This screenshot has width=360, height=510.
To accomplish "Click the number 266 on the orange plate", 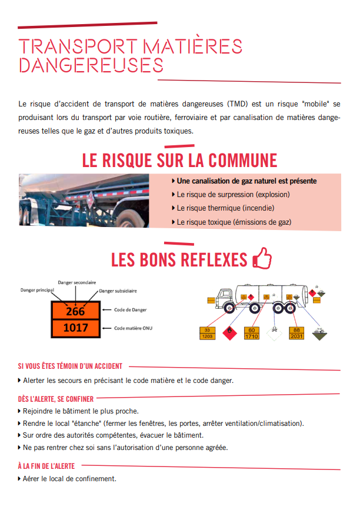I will point(75,311).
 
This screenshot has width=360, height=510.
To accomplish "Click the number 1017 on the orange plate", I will point(75,328).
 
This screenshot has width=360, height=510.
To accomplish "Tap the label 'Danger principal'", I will point(37,290).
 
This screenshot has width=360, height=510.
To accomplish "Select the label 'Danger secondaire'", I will point(76,282).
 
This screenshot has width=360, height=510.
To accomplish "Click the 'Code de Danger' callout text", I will point(131,310).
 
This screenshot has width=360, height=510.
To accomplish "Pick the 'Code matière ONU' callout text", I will point(133,328).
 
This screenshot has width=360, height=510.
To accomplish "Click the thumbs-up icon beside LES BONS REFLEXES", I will point(262,259).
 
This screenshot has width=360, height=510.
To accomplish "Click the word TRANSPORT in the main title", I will point(77,46).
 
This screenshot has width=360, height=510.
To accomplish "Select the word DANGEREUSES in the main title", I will point(91,65).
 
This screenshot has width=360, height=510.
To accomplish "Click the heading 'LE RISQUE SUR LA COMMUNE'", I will point(179,160).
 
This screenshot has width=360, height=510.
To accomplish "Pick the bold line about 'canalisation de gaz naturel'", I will point(246,181).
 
